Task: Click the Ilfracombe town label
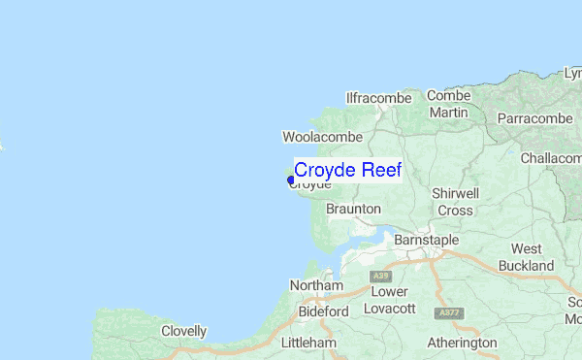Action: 379,98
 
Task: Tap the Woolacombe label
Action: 322,138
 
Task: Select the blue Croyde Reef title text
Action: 347,170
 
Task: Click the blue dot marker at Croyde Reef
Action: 291,179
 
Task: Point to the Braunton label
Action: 353,209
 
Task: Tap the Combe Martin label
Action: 448,104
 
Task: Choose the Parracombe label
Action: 536,118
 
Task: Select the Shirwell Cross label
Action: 455,202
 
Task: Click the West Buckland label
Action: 527,257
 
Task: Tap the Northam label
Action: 316,286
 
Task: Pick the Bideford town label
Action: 324,311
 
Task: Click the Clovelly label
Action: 184,331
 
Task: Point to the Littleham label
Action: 307,344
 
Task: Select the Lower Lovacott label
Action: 389,300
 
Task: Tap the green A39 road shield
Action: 380,278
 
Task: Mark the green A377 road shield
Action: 449,313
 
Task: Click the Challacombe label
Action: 550,158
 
